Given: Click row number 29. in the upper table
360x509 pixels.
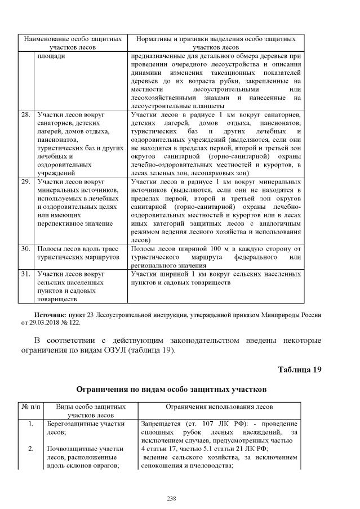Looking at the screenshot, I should point(25,182).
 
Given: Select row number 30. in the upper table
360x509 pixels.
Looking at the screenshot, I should point(25,248).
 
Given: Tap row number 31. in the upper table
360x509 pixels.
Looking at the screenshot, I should point(25,274).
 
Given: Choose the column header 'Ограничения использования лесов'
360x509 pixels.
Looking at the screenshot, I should point(219,407).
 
